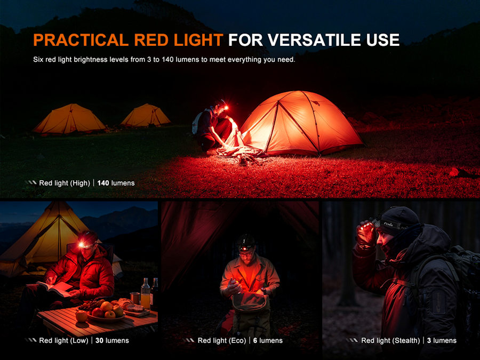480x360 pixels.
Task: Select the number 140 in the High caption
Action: (103, 183)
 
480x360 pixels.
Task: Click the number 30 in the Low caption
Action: (99, 340)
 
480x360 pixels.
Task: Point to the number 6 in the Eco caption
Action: (255, 340)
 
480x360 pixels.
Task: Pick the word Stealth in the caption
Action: (406, 340)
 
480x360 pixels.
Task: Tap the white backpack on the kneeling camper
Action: (197, 123)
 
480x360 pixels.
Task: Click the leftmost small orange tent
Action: (69, 119)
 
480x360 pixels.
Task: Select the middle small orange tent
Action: (146, 115)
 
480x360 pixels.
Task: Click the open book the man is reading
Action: (54, 289)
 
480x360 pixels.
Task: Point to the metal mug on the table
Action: (135, 298)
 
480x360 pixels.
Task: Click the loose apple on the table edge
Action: (82, 316)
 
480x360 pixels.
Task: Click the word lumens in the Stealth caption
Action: (444, 340)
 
